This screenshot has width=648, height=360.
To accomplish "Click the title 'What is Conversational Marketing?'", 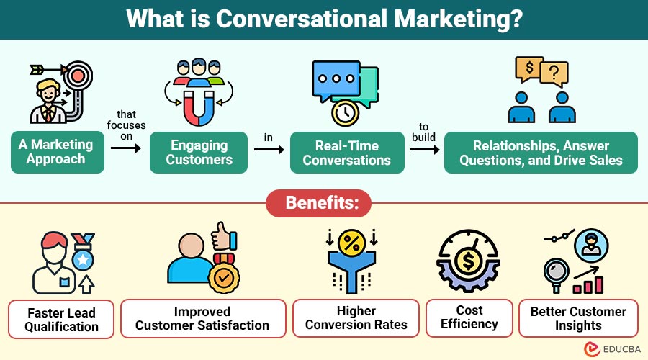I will tap(323, 19).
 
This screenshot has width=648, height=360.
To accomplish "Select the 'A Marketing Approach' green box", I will tap(58, 152).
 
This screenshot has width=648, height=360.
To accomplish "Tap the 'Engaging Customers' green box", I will tap(198, 152).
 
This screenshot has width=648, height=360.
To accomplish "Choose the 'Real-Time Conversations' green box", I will tap(345, 152).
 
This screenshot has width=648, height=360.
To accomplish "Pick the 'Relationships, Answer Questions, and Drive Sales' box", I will tap(541, 152).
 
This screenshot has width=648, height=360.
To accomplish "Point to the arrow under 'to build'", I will tap(423, 150).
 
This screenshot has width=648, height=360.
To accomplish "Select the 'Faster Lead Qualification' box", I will tap(61, 319).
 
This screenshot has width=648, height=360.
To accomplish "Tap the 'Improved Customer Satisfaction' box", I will tap(202, 318).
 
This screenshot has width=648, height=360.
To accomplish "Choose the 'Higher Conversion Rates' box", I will tap(356, 318).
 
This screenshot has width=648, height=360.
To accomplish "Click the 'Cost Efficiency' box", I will tap(469, 318).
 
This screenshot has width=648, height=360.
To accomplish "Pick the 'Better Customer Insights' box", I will tap(578, 318).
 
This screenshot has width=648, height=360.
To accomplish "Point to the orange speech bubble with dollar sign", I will tap(529, 70).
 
